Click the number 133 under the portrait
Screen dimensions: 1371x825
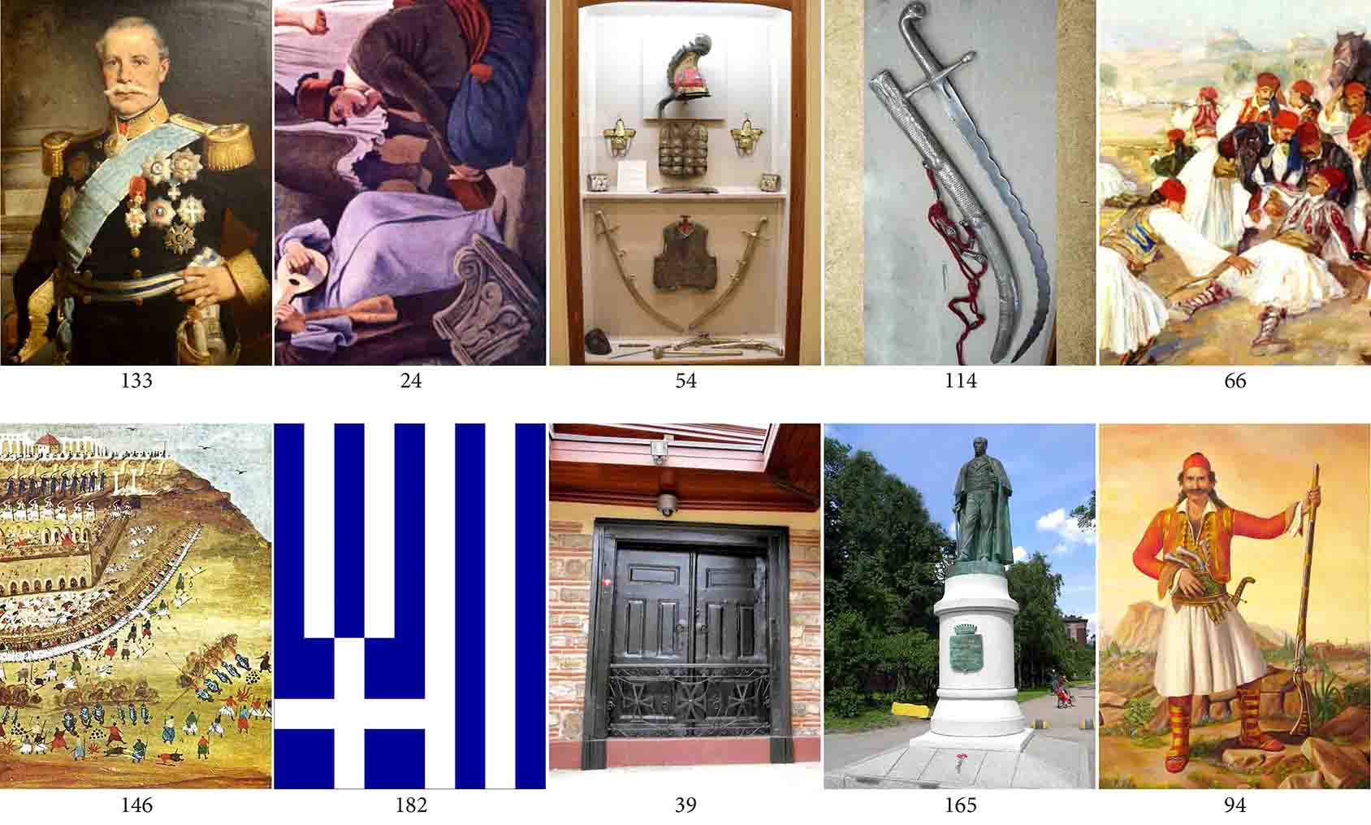click(136, 381)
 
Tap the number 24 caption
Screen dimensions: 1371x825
click(411, 381)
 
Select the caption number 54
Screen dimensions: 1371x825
click(685, 381)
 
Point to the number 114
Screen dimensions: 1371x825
click(960, 381)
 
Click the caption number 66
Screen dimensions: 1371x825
click(1235, 381)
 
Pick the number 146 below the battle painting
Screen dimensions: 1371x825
click(136, 805)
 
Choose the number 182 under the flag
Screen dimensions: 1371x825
click(411, 805)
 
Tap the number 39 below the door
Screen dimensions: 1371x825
click(685, 805)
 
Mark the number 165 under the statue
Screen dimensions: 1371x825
click(960, 805)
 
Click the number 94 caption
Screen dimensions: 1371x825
click(1235, 805)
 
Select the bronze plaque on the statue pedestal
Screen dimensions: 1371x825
click(965, 648)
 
